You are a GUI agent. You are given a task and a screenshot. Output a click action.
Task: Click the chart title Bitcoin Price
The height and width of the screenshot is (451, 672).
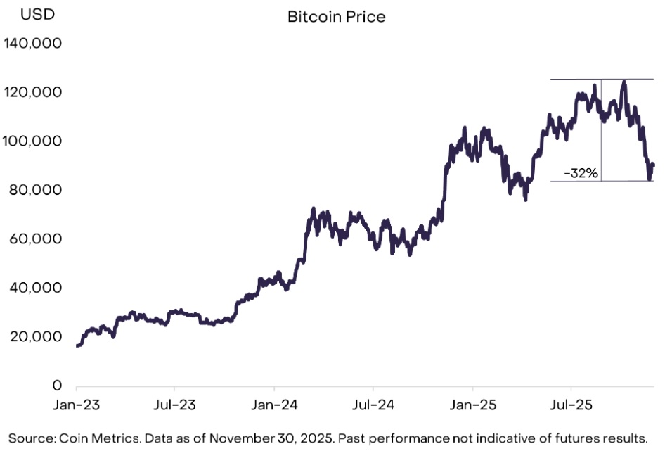pyautogui.click(x=336, y=17)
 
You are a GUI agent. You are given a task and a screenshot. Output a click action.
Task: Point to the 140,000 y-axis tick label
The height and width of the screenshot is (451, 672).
pyautogui.click(x=33, y=44)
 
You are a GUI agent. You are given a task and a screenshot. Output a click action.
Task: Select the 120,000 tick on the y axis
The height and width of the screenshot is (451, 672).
pyautogui.click(x=33, y=92)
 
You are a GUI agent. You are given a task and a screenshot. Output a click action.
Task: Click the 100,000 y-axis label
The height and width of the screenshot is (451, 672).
pyautogui.click(x=33, y=141)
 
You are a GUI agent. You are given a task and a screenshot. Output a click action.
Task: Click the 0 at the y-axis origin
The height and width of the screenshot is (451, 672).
pyautogui.click(x=58, y=386)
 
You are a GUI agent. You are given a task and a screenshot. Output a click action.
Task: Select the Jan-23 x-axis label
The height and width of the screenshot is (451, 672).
pyautogui.click(x=76, y=406)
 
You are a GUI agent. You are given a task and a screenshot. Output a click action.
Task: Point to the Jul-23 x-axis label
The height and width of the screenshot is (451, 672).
pyautogui.click(x=174, y=406)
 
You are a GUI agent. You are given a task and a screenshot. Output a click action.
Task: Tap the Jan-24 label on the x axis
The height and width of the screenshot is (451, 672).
pyautogui.click(x=274, y=406)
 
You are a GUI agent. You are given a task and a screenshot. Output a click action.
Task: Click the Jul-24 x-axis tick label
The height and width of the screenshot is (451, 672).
pyautogui.click(x=373, y=406)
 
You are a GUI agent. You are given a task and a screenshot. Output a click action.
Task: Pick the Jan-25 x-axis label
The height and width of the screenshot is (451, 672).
pyautogui.click(x=472, y=406)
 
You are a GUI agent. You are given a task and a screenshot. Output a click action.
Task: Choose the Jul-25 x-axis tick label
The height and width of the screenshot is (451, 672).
pyautogui.click(x=571, y=406)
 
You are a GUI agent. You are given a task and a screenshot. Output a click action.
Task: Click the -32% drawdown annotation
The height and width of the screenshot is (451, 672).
pyautogui.click(x=581, y=173)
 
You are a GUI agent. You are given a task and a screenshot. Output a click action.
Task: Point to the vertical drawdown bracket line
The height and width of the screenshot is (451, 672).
pyautogui.click(x=602, y=141)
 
